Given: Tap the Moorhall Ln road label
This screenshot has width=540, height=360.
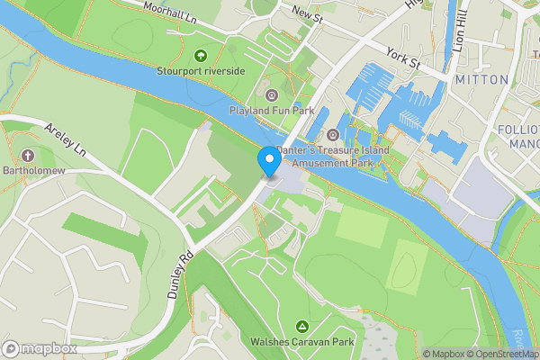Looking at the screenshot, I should point(176,12).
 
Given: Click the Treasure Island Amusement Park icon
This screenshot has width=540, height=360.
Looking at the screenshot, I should point(332,135).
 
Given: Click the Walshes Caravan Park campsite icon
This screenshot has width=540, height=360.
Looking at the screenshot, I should point(302,326).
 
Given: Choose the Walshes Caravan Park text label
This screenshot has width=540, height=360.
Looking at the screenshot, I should point(302,342).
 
